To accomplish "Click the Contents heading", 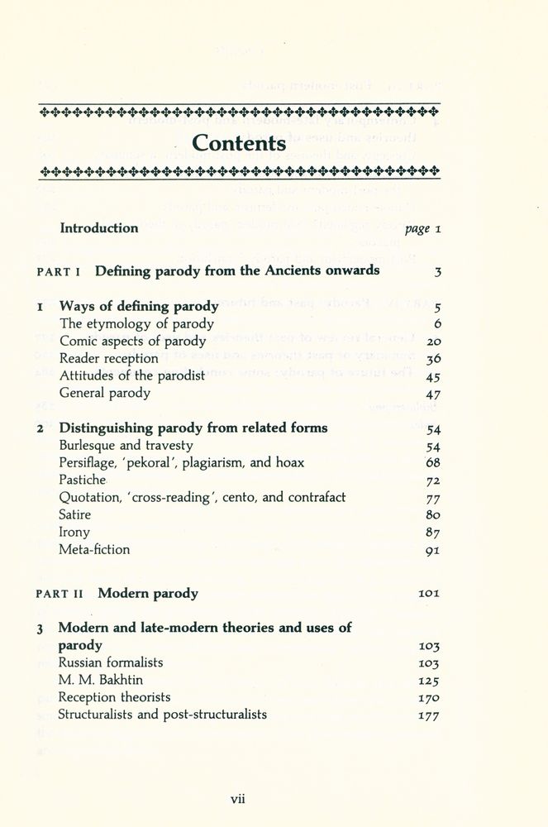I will (239, 142).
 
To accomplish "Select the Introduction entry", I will (98, 228).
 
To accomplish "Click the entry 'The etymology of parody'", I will (136, 324).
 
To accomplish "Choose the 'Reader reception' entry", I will (108, 358).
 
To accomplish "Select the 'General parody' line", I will (104, 393).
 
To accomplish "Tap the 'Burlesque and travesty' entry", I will (126, 446).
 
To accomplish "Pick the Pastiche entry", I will (82, 480).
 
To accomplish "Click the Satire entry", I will (75, 514).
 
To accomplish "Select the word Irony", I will (74, 532).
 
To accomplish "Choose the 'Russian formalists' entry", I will (111, 662).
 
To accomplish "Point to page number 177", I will (428, 715).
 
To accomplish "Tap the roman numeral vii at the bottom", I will (238, 798).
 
